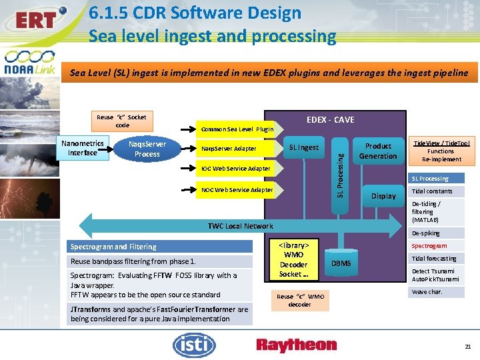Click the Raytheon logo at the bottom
(296, 345)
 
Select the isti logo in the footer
(194, 344)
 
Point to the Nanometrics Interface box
(82, 148)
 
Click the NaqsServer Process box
(147, 149)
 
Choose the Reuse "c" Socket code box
(122, 121)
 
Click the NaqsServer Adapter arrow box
(229, 148)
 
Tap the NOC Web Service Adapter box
(237, 190)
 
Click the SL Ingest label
(304, 147)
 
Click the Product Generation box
(378, 151)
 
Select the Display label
(383, 196)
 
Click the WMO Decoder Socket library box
(293, 259)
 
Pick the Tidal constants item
(432, 191)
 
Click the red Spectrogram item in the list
(429, 246)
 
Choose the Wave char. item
(427, 292)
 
